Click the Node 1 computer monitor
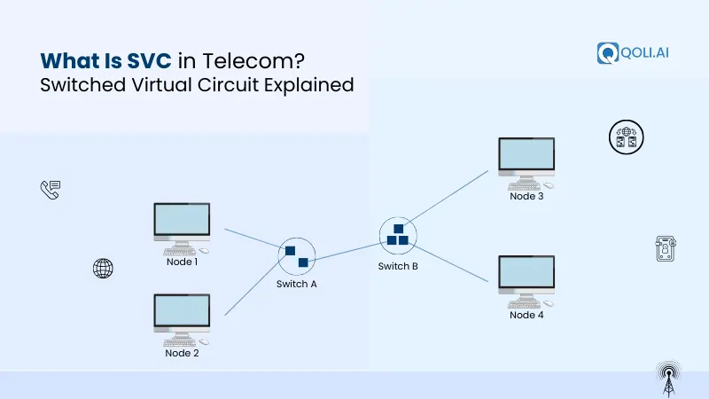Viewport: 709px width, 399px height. (182, 223)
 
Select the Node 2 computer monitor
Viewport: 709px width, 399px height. (182, 313)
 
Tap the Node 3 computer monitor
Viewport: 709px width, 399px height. (526, 157)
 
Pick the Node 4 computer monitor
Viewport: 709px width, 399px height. (526, 276)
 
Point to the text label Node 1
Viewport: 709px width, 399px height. (182, 262)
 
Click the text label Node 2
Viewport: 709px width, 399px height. (182, 353)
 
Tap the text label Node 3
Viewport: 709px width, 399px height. (526, 196)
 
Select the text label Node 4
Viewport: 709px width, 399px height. (526, 315)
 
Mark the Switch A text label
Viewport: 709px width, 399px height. (297, 285)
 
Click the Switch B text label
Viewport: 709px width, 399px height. (398, 266)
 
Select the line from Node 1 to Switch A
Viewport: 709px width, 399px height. (252, 239)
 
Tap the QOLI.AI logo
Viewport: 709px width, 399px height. (633, 52)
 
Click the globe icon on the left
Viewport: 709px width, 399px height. (104, 269)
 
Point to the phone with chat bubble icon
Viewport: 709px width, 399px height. (50, 189)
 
